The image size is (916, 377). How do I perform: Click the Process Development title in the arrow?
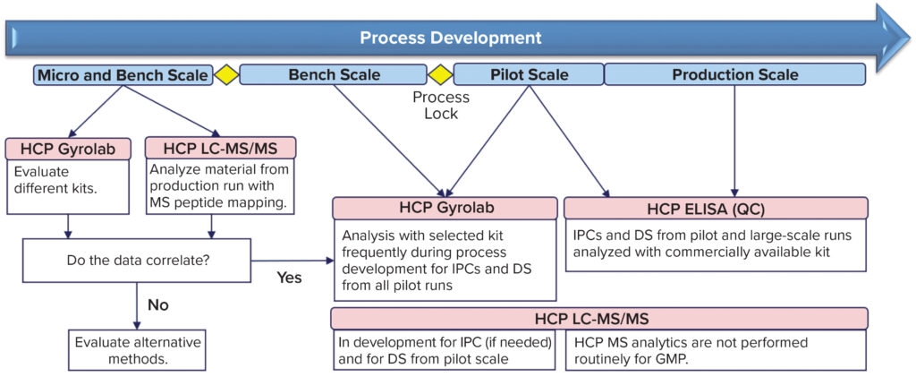point(450,38)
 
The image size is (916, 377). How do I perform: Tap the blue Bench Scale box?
point(334,75)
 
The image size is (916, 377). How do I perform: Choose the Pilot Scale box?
point(529,75)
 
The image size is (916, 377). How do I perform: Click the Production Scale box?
point(734,75)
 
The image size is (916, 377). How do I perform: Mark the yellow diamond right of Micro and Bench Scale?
point(226,75)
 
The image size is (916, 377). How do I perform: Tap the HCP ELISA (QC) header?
point(716,208)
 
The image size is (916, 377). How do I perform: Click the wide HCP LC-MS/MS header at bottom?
point(598,319)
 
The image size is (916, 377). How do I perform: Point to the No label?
point(158,304)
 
